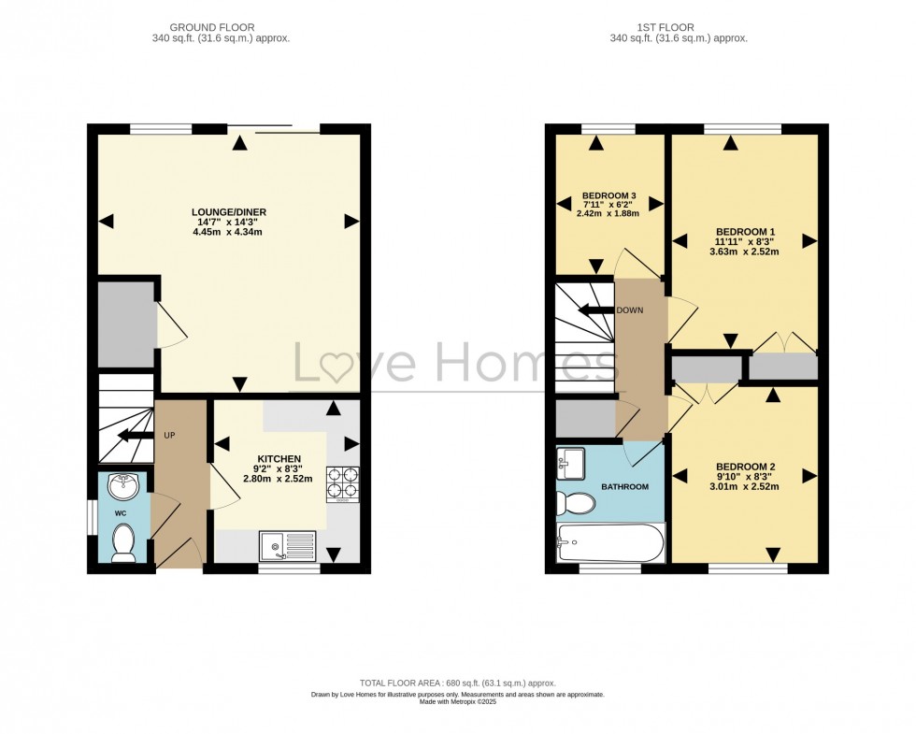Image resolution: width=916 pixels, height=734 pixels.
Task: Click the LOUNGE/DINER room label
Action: tap(229, 212)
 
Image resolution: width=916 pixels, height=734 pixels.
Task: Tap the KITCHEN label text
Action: tap(279, 459)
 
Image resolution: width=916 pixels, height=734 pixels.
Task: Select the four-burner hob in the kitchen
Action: tap(343, 484)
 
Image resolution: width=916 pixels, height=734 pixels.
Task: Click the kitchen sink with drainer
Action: tap(288, 546)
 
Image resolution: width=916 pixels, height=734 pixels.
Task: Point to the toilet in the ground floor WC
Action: tap(123, 543)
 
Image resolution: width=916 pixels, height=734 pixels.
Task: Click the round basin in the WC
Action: tap(123, 487)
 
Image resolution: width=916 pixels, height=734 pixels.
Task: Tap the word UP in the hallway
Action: tap(169, 436)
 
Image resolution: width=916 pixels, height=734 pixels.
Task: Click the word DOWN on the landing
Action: tap(630, 310)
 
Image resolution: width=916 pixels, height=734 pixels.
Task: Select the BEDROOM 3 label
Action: tap(608, 195)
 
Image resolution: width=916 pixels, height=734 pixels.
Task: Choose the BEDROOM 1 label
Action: tap(746, 232)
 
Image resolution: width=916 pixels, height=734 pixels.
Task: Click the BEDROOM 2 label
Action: tap(746, 467)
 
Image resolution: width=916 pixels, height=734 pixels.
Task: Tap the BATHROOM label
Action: tap(625, 487)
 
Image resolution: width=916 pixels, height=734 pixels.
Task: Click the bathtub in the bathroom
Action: tap(611, 542)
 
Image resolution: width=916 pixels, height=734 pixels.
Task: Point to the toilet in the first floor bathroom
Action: tap(576, 503)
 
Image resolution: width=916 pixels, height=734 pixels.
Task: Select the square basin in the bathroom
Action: tap(571, 464)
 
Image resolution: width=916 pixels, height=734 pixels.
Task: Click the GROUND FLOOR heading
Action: tap(212, 27)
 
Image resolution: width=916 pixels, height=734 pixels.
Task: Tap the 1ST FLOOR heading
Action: tap(666, 27)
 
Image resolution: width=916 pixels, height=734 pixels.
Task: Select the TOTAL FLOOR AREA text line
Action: tap(458, 683)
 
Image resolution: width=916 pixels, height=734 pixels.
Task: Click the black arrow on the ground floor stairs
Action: tap(132, 436)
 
